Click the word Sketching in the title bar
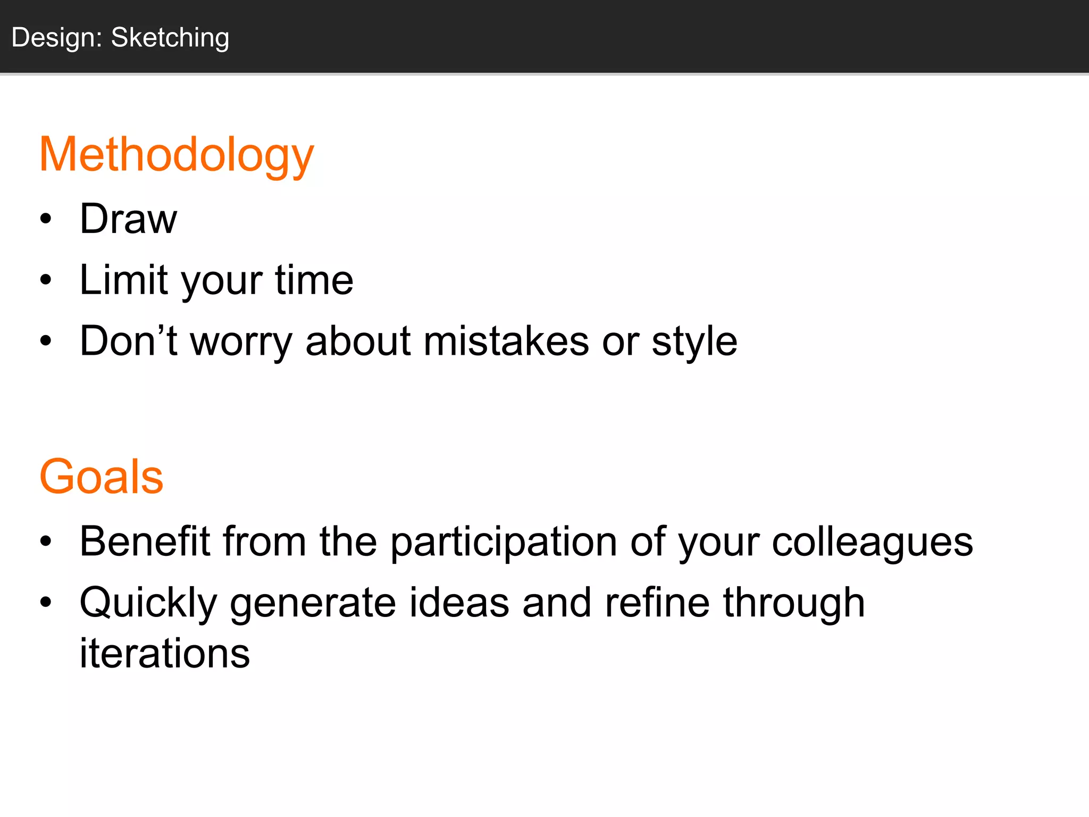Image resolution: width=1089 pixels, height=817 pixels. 170,38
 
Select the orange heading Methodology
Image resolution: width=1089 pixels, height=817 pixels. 177,155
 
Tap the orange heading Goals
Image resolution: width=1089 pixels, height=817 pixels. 101,477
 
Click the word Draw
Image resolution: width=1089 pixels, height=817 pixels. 128,219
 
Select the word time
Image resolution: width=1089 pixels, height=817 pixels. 314,280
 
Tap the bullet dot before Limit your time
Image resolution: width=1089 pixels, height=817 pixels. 46,280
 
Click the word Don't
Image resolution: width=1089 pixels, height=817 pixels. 128,341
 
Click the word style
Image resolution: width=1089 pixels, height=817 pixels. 694,341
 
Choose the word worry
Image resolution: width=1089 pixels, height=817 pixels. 241,341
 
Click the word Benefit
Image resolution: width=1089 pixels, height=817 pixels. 145,541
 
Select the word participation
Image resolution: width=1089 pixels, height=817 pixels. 504,541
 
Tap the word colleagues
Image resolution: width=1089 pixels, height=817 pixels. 872,541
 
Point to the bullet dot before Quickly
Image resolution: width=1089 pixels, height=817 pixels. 46,602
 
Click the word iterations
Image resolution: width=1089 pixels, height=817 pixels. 165,653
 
